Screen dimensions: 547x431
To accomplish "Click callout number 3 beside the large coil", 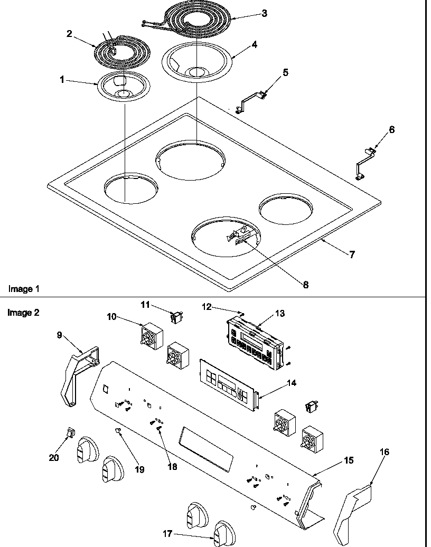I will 264,14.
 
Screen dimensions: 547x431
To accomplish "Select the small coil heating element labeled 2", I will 122,51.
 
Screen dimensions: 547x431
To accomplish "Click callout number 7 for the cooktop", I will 352,254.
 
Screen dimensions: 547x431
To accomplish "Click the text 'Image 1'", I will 23,289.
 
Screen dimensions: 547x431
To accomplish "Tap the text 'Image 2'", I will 23,312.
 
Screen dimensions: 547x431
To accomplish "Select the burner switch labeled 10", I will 151,335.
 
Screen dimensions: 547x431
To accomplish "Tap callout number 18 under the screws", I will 172,467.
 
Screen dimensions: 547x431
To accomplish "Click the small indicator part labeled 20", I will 68,433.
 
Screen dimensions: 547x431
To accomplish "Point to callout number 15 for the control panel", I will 349,460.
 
